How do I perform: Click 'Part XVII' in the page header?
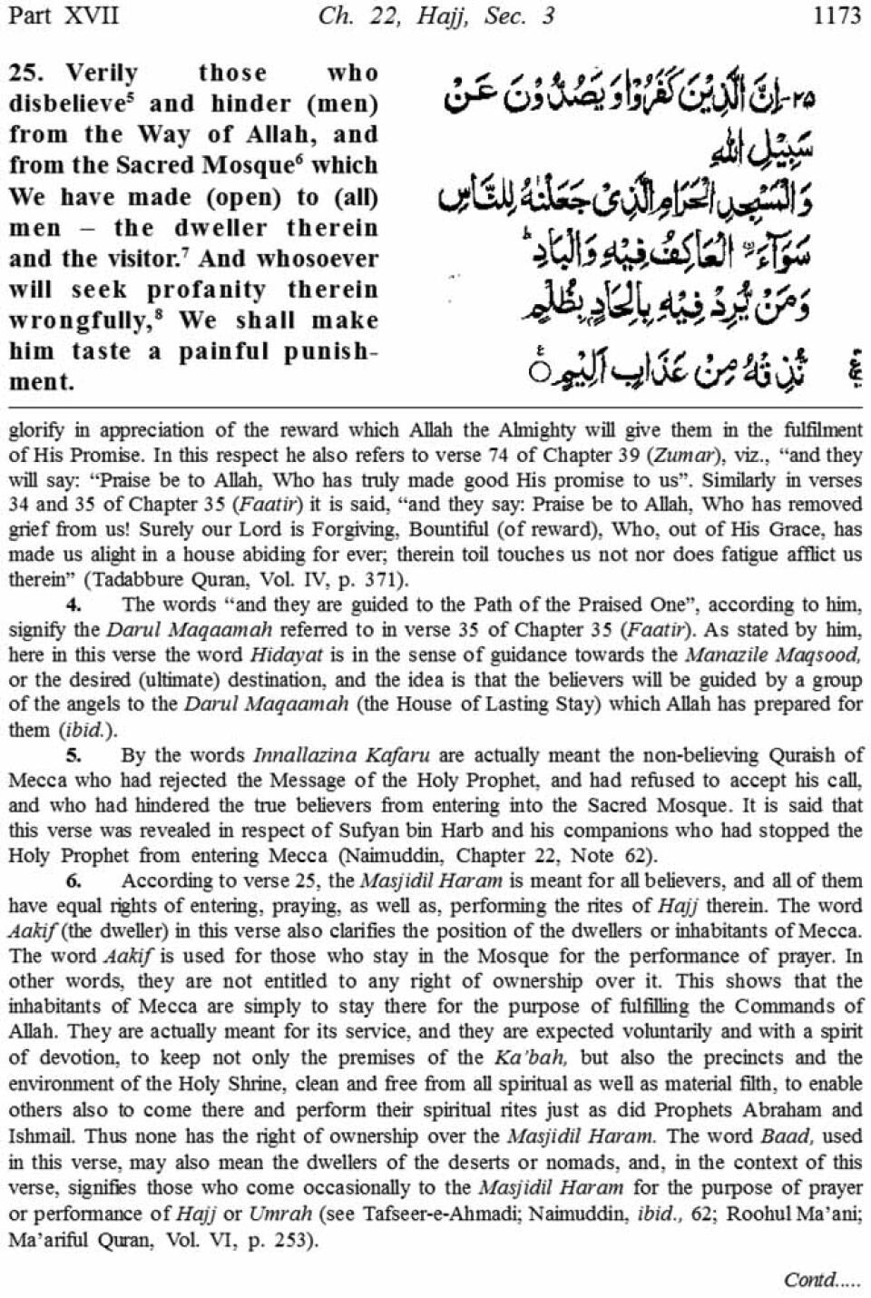(62, 15)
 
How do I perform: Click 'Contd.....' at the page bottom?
(821, 1279)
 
